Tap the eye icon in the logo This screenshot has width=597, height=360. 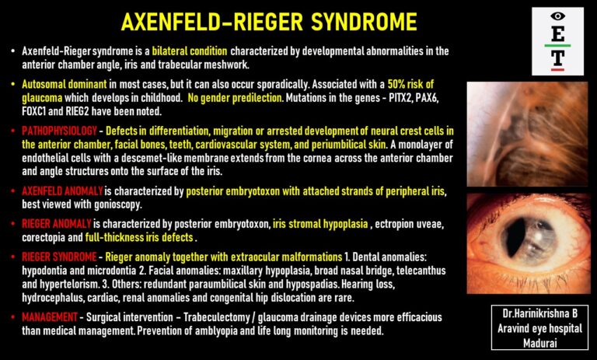(x=557, y=16)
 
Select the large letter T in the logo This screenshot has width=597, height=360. (x=557, y=58)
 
